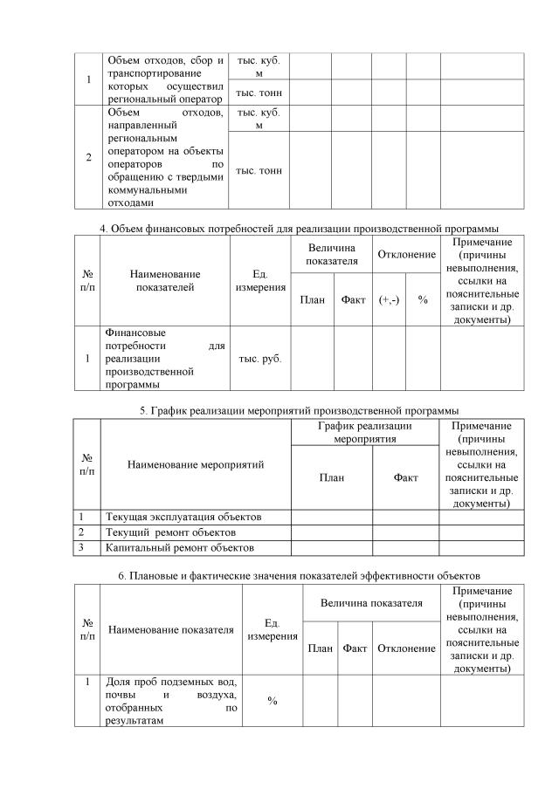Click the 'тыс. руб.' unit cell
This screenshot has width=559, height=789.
[x=259, y=359]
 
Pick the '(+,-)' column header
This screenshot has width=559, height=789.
[x=389, y=299]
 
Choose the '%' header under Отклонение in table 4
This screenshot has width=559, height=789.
[x=423, y=299]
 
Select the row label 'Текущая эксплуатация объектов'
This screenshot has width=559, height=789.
[x=183, y=517]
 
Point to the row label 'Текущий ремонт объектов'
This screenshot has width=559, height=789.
[x=170, y=532]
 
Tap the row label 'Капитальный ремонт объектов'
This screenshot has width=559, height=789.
[x=179, y=547]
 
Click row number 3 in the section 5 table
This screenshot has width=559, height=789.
[x=81, y=547]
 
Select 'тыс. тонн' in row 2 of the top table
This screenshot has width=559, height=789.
[x=259, y=170]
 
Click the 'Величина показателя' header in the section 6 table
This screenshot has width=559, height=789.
[x=371, y=603]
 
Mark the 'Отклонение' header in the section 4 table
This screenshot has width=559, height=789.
[x=406, y=254]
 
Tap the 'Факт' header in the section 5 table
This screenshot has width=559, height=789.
[x=405, y=477]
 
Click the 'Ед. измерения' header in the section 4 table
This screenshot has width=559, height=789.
[x=259, y=281]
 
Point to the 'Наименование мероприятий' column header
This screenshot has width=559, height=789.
[x=196, y=464]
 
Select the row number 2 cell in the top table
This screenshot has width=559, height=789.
[x=88, y=158]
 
